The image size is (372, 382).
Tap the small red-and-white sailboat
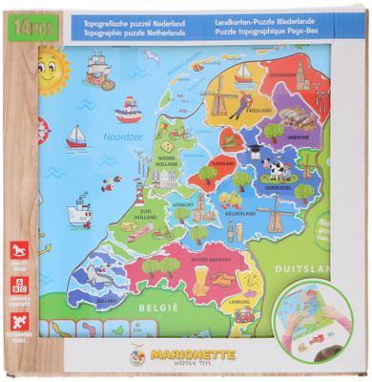pyautogui.click(x=77, y=136)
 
